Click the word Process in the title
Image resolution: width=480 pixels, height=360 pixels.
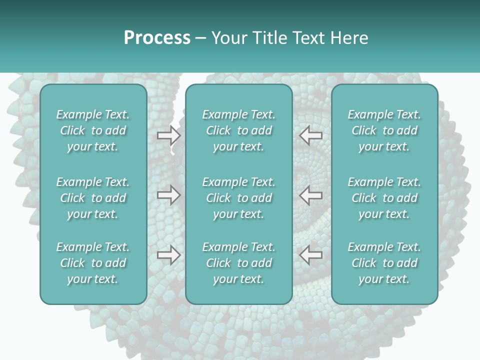click(157, 38)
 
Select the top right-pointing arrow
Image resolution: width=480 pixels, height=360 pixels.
click(169, 135)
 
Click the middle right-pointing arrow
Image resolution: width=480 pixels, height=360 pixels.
click(169, 195)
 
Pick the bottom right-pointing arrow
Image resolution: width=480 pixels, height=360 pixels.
click(169, 254)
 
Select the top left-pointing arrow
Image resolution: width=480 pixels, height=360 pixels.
click(311, 135)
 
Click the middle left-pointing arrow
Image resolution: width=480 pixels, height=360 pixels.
click(311, 195)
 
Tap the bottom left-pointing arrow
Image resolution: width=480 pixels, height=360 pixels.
click(311, 254)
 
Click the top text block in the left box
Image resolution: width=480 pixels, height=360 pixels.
click(93, 130)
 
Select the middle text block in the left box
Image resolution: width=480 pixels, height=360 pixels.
click(93, 198)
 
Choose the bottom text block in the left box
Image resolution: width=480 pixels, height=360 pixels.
click(93, 263)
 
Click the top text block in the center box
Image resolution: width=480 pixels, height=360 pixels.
click(238, 130)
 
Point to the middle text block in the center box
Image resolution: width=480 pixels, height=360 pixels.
click(238, 198)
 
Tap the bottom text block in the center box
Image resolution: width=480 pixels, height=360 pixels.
click(238, 263)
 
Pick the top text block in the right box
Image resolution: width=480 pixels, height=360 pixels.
click(384, 130)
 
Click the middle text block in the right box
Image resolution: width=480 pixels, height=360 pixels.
click(384, 198)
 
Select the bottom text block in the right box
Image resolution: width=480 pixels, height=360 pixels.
click(384, 263)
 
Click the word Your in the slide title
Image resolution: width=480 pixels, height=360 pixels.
click(228, 38)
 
